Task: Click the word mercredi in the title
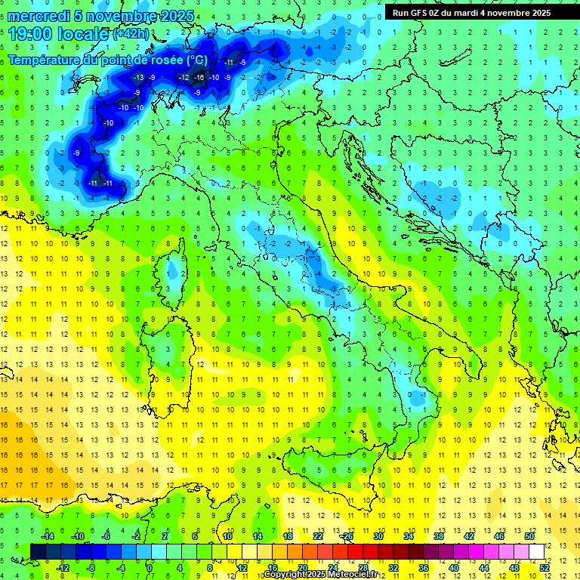[x=39, y=16]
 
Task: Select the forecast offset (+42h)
[x=131, y=34]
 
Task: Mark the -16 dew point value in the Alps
[x=199, y=78]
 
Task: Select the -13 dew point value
[x=138, y=78]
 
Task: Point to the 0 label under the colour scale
[x=150, y=568]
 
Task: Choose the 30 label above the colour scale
[x=378, y=535]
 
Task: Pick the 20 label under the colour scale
[x=302, y=568]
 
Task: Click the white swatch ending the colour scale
[x=536, y=551]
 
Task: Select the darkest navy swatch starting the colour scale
[x=38, y=551]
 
